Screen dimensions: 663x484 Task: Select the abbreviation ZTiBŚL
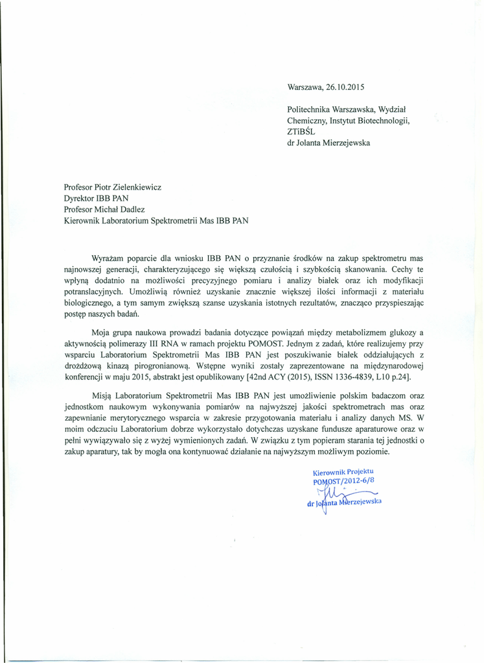(x=300, y=131)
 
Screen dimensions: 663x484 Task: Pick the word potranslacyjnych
(x=94, y=291)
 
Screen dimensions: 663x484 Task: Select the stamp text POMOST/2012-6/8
(x=343, y=481)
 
